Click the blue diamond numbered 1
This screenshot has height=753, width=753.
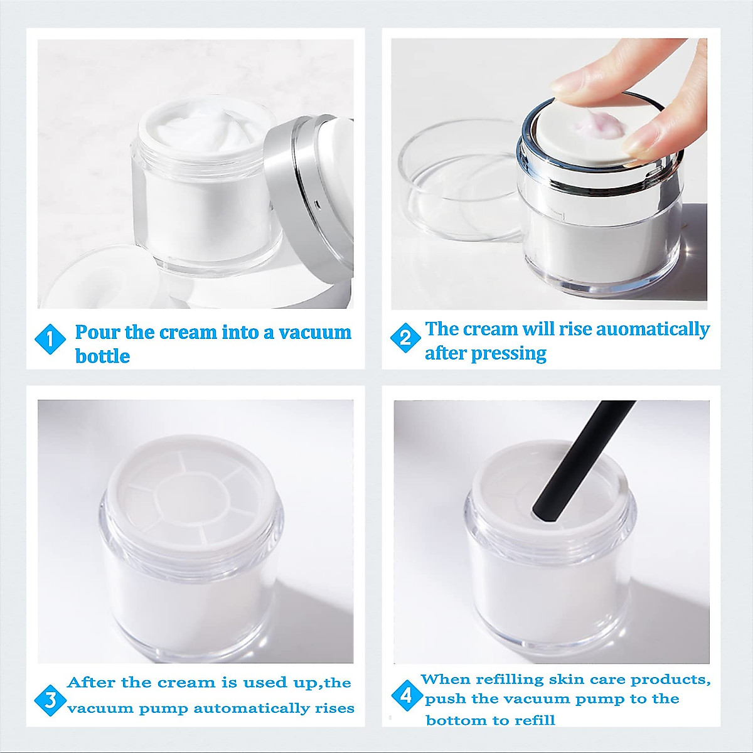click(x=50, y=339)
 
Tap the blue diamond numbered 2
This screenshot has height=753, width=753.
click(x=405, y=338)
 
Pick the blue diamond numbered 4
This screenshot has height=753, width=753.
click(x=406, y=695)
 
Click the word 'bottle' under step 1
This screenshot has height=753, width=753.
click(x=102, y=356)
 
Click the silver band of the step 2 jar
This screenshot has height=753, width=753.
click(x=599, y=182)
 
